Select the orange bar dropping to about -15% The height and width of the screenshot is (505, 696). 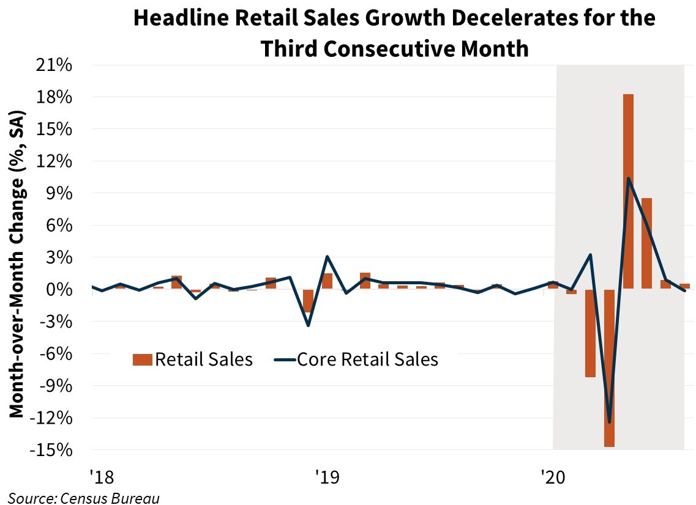(x=609, y=367)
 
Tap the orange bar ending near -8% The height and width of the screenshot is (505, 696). (x=590, y=333)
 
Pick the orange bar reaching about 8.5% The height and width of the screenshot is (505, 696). (x=646, y=243)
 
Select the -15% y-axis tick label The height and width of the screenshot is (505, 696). (x=54, y=451)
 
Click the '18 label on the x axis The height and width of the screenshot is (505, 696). (x=100, y=475)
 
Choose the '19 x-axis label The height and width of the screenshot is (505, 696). (x=324, y=475)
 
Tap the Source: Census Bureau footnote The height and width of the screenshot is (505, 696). (x=84, y=498)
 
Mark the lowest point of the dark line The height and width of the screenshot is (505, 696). (x=609, y=422)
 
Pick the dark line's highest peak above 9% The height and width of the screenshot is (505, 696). (x=628, y=179)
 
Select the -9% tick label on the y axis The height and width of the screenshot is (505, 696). (x=58, y=386)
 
